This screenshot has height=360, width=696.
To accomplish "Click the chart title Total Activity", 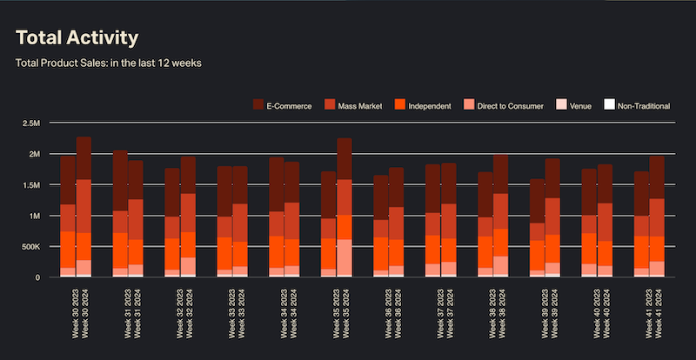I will pyautogui.click(x=77, y=38).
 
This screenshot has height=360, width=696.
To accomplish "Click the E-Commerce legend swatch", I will pyautogui.click(x=258, y=105).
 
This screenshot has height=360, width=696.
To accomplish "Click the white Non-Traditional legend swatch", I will pyautogui.click(x=610, y=105).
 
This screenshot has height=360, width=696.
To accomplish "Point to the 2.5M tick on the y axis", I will pyautogui.click(x=32, y=123).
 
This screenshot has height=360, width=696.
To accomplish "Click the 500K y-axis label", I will pyautogui.click(x=30, y=247).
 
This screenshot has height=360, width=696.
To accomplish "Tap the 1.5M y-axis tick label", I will pyautogui.click(x=32, y=185).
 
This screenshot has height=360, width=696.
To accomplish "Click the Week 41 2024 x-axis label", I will pyautogui.click(x=659, y=313).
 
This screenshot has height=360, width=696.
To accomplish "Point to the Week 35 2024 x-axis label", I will pyautogui.click(x=345, y=313).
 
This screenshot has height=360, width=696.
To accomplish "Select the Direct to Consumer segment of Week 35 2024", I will pyautogui.click(x=345, y=257).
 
